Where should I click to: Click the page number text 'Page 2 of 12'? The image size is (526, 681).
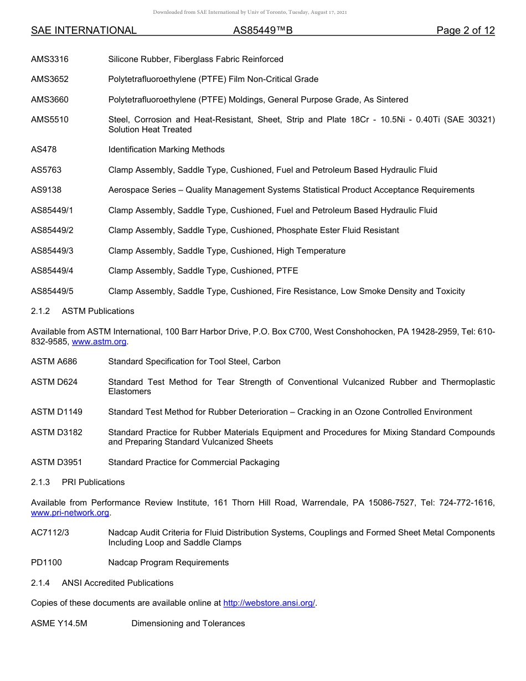click(465, 30)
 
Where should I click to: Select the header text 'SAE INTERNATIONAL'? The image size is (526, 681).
click(84, 30)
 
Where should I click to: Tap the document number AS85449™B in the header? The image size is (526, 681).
click(262, 30)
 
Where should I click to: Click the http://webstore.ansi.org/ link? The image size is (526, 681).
click(269, 603)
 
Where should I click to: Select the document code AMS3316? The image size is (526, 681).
click(50, 59)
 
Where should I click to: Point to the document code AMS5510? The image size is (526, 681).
click(50, 120)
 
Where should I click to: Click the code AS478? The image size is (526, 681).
click(44, 149)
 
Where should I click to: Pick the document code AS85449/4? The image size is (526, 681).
click(52, 271)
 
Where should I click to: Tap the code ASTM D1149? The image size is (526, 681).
click(56, 412)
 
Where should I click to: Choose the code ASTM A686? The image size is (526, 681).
click(54, 362)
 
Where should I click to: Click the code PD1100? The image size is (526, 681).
click(47, 563)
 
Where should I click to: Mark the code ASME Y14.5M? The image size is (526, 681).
click(59, 623)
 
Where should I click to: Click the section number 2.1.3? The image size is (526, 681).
click(40, 482)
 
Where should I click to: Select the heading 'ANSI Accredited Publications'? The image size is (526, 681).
click(117, 583)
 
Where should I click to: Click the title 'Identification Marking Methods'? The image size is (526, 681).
click(167, 149)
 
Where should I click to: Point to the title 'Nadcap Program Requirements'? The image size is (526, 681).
click(168, 563)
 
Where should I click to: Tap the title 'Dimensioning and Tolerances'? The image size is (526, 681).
click(188, 623)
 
